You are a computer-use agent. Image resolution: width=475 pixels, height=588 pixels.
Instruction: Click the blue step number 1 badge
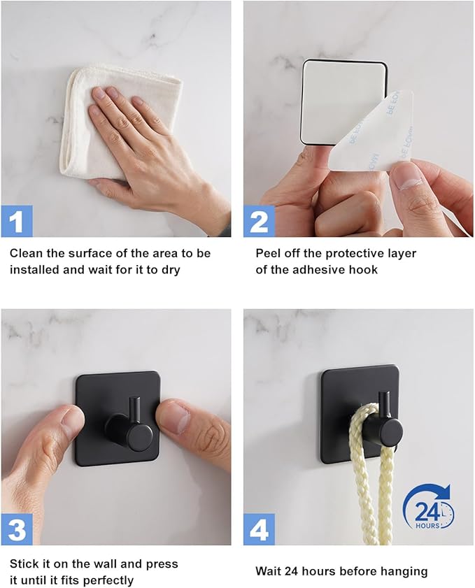[x=17, y=221]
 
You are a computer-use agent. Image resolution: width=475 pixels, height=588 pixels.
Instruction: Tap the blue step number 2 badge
[x=260, y=221]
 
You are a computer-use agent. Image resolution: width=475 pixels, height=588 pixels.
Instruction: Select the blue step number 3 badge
[x=17, y=529]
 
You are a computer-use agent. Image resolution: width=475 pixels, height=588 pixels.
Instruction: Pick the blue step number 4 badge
[x=260, y=529]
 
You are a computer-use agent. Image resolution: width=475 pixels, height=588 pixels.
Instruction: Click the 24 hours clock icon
[x=428, y=507]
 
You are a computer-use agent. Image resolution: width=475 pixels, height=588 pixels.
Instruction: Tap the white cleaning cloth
[x=113, y=120]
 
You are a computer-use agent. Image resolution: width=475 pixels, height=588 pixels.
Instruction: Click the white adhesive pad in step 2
[x=344, y=102]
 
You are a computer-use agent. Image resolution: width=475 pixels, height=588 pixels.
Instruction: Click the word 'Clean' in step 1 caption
[x=27, y=254]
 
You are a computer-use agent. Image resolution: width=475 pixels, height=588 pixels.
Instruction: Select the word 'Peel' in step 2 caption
[x=267, y=254]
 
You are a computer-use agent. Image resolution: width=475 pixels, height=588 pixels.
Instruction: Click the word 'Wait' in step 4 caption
[x=268, y=571]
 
